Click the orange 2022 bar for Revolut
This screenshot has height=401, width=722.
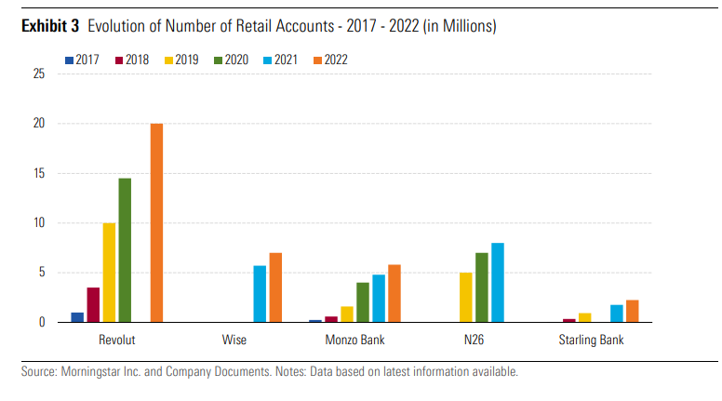tap(156, 223)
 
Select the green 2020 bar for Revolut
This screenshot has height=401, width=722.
tap(125, 250)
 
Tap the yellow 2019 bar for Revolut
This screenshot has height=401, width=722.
tap(109, 273)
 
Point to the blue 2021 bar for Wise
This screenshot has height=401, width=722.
tap(261, 294)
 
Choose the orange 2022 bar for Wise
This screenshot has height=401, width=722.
tap(275, 287)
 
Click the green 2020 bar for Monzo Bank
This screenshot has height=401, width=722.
tap(363, 302)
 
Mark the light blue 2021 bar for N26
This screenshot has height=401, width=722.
tap(498, 283)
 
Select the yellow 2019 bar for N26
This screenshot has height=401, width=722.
tap(466, 298)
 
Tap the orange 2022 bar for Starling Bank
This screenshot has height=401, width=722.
tap(633, 311)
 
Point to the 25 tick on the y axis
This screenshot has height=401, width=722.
tap(38, 74)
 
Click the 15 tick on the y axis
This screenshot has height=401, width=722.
tap(38, 173)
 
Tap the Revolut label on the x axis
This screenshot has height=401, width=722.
tap(117, 340)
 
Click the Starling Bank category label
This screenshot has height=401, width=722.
tap(594, 340)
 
